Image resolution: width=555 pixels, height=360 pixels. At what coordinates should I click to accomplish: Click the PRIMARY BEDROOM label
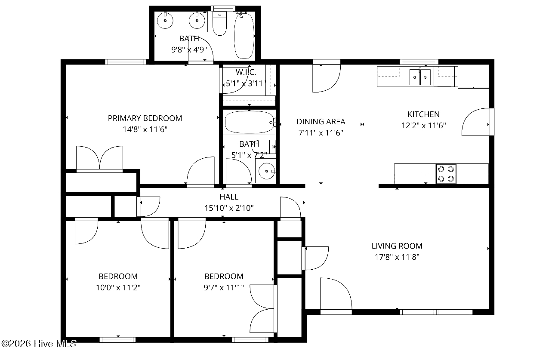click(x=145, y=118)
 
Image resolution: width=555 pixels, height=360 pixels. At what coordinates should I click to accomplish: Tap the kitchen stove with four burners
click(x=446, y=174)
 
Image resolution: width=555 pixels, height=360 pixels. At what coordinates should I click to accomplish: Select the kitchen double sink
click(x=420, y=77)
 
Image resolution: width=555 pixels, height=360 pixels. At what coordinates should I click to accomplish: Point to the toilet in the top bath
click(x=219, y=23)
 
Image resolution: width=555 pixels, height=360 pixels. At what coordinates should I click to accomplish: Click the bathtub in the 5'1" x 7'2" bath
click(x=249, y=122)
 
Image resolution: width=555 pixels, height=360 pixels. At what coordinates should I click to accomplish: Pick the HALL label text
click(x=229, y=197)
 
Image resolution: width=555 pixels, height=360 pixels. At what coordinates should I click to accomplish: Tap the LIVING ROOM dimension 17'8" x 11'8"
click(x=397, y=257)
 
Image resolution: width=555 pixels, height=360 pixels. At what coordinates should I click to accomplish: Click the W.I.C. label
click(x=246, y=72)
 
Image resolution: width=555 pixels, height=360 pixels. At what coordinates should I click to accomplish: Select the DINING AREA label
click(x=321, y=122)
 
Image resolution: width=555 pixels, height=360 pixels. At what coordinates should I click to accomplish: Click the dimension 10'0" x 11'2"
click(x=118, y=288)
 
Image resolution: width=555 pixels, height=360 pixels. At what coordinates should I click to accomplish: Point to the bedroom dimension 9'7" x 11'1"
click(x=224, y=288)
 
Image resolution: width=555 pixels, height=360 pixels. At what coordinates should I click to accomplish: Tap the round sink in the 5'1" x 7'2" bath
click(x=267, y=171)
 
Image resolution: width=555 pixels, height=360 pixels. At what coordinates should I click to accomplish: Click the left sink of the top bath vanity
click(x=165, y=20)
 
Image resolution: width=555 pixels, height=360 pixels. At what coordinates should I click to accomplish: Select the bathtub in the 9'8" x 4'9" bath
click(x=244, y=36)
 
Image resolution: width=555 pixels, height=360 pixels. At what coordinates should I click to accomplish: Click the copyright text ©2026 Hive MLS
click(x=39, y=344)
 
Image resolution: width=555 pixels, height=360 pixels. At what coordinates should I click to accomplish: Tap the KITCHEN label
click(x=424, y=114)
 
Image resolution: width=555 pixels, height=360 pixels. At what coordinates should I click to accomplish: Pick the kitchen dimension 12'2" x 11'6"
click(x=424, y=126)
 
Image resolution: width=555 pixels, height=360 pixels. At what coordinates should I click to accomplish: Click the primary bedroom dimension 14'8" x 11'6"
click(x=145, y=129)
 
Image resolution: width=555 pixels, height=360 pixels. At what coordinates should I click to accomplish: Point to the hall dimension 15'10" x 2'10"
click(x=229, y=208)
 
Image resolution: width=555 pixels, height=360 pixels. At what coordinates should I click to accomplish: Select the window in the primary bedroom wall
click(x=126, y=62)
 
